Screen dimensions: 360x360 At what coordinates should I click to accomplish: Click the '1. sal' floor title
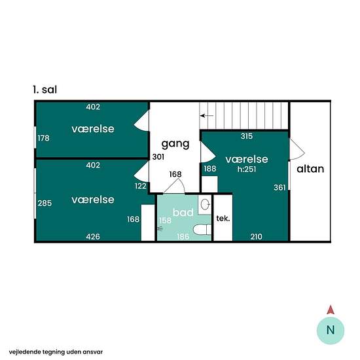pos(45,90)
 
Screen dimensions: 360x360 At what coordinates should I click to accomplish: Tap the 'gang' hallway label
pos(175,144)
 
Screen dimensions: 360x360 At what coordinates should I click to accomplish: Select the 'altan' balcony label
pos(310,169)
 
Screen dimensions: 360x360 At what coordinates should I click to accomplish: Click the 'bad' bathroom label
pos(183,212)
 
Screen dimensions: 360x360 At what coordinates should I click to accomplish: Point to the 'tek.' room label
pos(223,218)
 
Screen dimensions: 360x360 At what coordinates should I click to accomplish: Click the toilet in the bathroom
pos(202,229)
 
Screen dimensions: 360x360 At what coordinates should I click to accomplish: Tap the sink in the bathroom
pos(205,204)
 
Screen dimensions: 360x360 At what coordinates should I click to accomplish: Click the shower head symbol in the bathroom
pos(160,228)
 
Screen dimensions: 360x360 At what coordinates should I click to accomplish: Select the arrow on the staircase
pos(207,115)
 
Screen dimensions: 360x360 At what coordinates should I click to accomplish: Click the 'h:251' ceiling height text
pos(247,170)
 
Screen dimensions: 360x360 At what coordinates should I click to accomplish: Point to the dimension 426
pos(93,236)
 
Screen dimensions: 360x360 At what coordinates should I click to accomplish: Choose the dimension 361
pos(279,188)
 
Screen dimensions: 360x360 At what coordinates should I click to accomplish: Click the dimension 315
pos(247,136)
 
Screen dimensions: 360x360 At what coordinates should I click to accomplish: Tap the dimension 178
pos(43,138)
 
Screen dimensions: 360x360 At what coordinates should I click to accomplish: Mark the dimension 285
pos(45,203)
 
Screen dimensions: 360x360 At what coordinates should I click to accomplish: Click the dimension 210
pos(256,236)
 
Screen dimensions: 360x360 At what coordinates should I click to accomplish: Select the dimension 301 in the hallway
pos(158,157)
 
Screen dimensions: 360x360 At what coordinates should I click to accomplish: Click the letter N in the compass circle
pos(331,330)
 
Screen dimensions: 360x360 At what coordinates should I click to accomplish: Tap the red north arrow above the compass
pos(331,310)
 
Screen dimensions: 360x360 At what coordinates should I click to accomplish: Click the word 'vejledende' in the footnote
pos(25,351)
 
